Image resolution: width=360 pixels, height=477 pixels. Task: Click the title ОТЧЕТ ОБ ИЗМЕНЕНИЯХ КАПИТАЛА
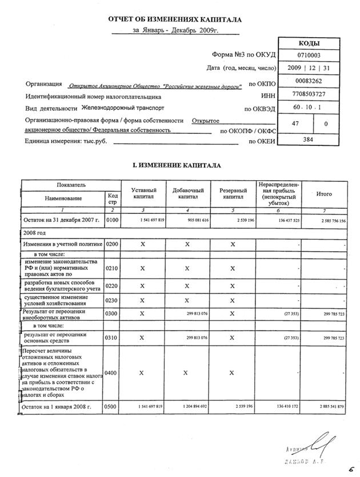coord(175,19)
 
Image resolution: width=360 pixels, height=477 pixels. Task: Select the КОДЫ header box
coord(309,43)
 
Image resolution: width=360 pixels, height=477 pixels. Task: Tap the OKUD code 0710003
coord(309,55)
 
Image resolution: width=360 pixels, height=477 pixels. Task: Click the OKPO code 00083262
coord(309,81)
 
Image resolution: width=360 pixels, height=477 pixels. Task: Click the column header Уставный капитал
coord(140,193)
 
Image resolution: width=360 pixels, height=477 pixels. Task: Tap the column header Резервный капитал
coord(233,193)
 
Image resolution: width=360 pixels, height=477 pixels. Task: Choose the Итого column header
coord(324,194)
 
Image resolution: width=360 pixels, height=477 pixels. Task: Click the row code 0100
coord(113,220)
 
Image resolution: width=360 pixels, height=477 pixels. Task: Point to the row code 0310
coord(113,337)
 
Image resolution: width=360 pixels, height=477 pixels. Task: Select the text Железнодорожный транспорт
coord(117,107)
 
